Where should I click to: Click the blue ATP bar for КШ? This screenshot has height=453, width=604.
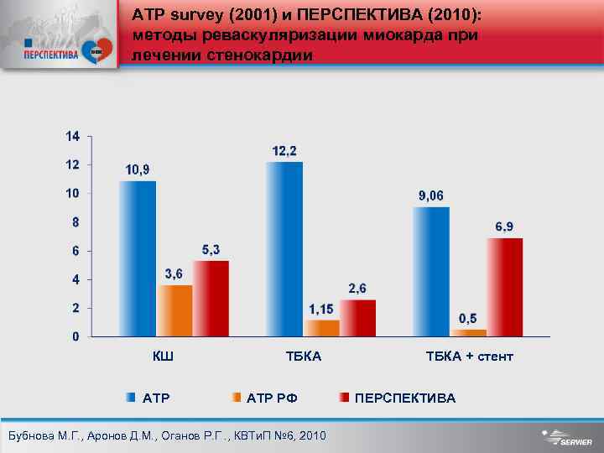pyautogui.click(x=137, y=258)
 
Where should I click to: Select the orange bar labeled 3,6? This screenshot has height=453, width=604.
pyautogui.click(x=175, y=310)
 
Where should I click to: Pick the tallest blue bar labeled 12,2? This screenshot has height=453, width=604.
pyautogui.click(x=284, y=249)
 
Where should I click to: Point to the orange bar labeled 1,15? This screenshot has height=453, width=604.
pyautogui.click(x=322, y=327)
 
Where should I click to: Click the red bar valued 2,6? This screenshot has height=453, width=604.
pyautogui.click(x=359, y=317)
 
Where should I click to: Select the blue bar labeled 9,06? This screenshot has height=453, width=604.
pyautogui.click(x=431, y=271)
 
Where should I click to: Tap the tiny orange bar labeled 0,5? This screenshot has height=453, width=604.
pyautogui.click(x=468, y=332)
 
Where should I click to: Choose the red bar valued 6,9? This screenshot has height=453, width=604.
pyautogui.click(x=506, y=287)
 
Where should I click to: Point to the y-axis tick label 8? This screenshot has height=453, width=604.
pyautogui.click(x=75, y=222)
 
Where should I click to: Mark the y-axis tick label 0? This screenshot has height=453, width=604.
pyautogui.click(x=75, y=336)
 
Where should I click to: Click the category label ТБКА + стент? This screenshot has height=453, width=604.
pyautogui.click(x=469, y=357)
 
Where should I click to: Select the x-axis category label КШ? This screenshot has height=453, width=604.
pyautogui.click(x=163, y=357)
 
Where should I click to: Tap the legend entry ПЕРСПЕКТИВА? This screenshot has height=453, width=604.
pyautogui.click(x=405, y=398)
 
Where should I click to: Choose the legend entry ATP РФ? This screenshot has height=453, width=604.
pyautogui.click(x=273, y=398)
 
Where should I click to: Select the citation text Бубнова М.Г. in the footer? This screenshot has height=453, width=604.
pyautogui.click(x=43, y=436)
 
